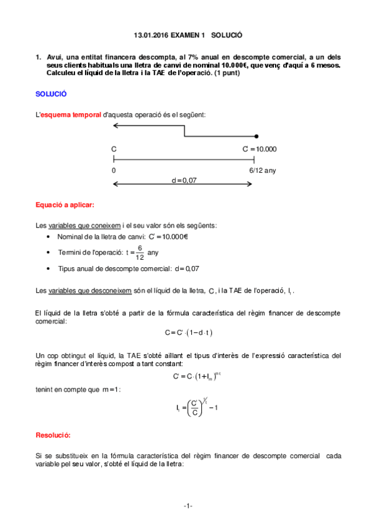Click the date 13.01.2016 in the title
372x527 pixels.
pyautogui.click(x=152, y=37)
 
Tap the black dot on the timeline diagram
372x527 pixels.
pyautogui.click(x=256, y=135)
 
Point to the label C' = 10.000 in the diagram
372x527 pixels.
pyautogui.click(x=260, y=149)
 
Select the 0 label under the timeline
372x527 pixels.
pyautogui.click(x=114, y=170)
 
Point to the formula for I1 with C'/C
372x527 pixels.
pyautogui.click(x=192, y=408)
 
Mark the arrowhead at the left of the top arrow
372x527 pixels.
pyautogui.click(x=115, y=126)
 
